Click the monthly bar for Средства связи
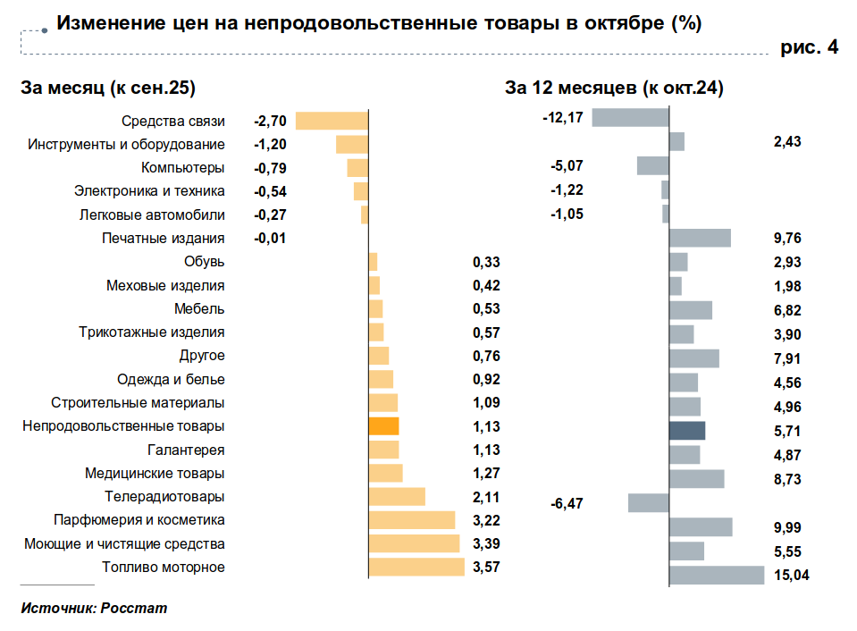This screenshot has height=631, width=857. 332,121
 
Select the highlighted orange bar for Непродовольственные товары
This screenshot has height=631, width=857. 383,426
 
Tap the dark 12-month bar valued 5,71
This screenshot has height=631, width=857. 687,431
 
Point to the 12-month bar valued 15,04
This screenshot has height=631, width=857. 717,575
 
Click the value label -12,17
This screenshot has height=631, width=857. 563,118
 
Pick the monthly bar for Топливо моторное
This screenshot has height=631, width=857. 416,567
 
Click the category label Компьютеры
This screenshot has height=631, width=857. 183,167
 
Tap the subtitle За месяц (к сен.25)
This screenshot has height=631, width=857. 108,88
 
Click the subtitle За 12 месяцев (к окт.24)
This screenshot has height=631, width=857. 614,88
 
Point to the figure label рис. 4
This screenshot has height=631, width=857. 810,47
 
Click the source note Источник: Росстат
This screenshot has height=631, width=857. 94,609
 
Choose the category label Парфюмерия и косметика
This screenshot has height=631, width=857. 139,520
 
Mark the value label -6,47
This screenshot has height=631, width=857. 567,504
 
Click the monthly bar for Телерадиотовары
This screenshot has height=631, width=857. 397,497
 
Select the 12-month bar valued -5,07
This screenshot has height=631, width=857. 652,165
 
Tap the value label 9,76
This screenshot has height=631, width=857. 787,238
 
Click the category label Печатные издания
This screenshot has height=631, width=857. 164,238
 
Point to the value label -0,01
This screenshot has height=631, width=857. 270,238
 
